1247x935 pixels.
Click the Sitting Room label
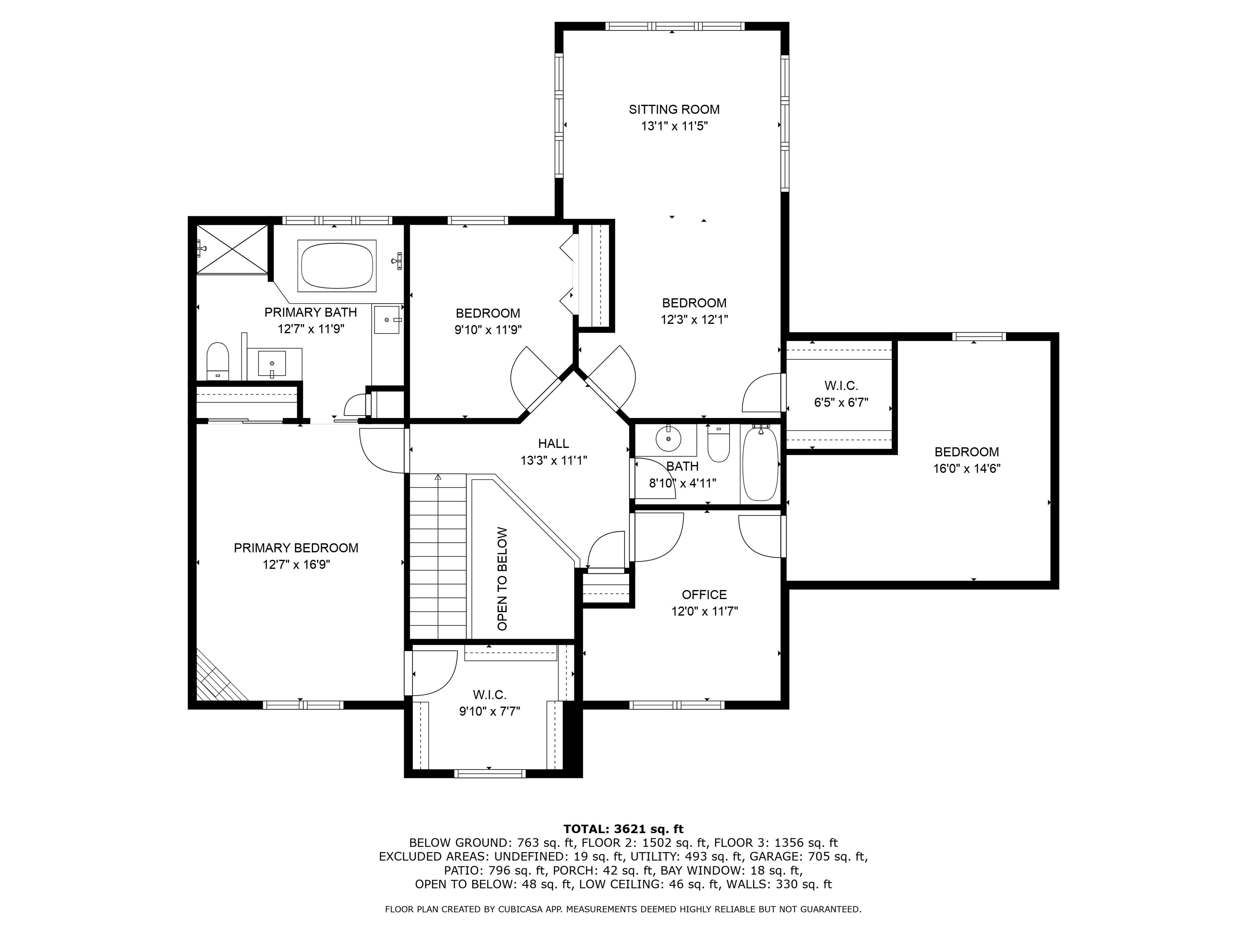[674, 109]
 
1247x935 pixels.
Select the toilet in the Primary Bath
[217, 361]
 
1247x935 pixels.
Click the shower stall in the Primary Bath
[232, 250]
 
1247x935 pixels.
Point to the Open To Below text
[502, 579]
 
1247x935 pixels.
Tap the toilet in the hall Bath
[719, 443]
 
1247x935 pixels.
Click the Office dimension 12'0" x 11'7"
[704, 611]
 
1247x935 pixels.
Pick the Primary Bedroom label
[296, 548]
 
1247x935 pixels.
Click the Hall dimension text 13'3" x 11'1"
[554, 461]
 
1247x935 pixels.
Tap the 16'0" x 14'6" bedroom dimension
[967, 468]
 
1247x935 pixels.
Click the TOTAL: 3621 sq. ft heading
[623, 829]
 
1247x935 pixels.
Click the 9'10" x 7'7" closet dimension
[489, 711]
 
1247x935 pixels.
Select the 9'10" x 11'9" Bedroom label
[488, 330]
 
